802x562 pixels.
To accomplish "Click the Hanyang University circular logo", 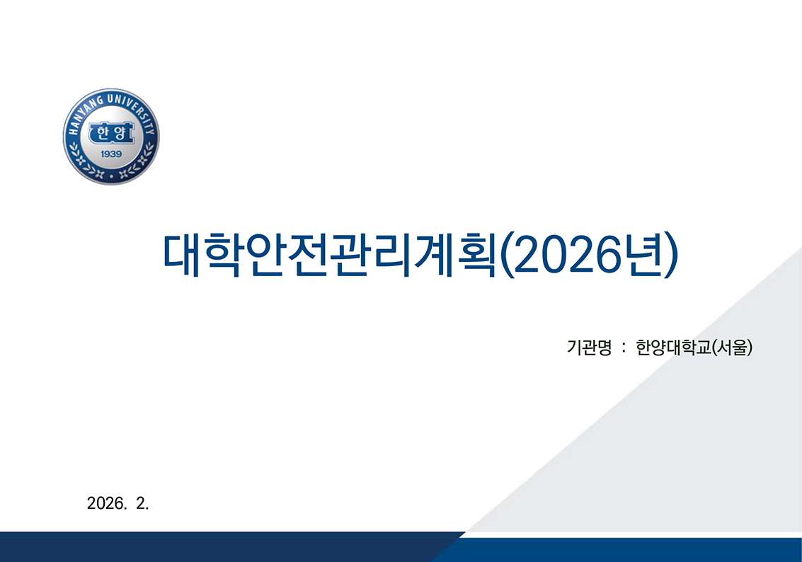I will click(x=111, y=137).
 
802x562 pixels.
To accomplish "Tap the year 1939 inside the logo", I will click(x=111, y=154).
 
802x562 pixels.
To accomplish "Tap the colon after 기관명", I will click(x=622, y=348).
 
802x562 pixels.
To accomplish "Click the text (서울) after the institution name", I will click(x=732, y=348).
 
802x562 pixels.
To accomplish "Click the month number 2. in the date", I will click(x=142, y=504).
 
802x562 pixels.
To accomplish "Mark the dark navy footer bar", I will click(x=212, y=546).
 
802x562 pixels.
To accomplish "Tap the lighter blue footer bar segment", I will click(x=637, y=550).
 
